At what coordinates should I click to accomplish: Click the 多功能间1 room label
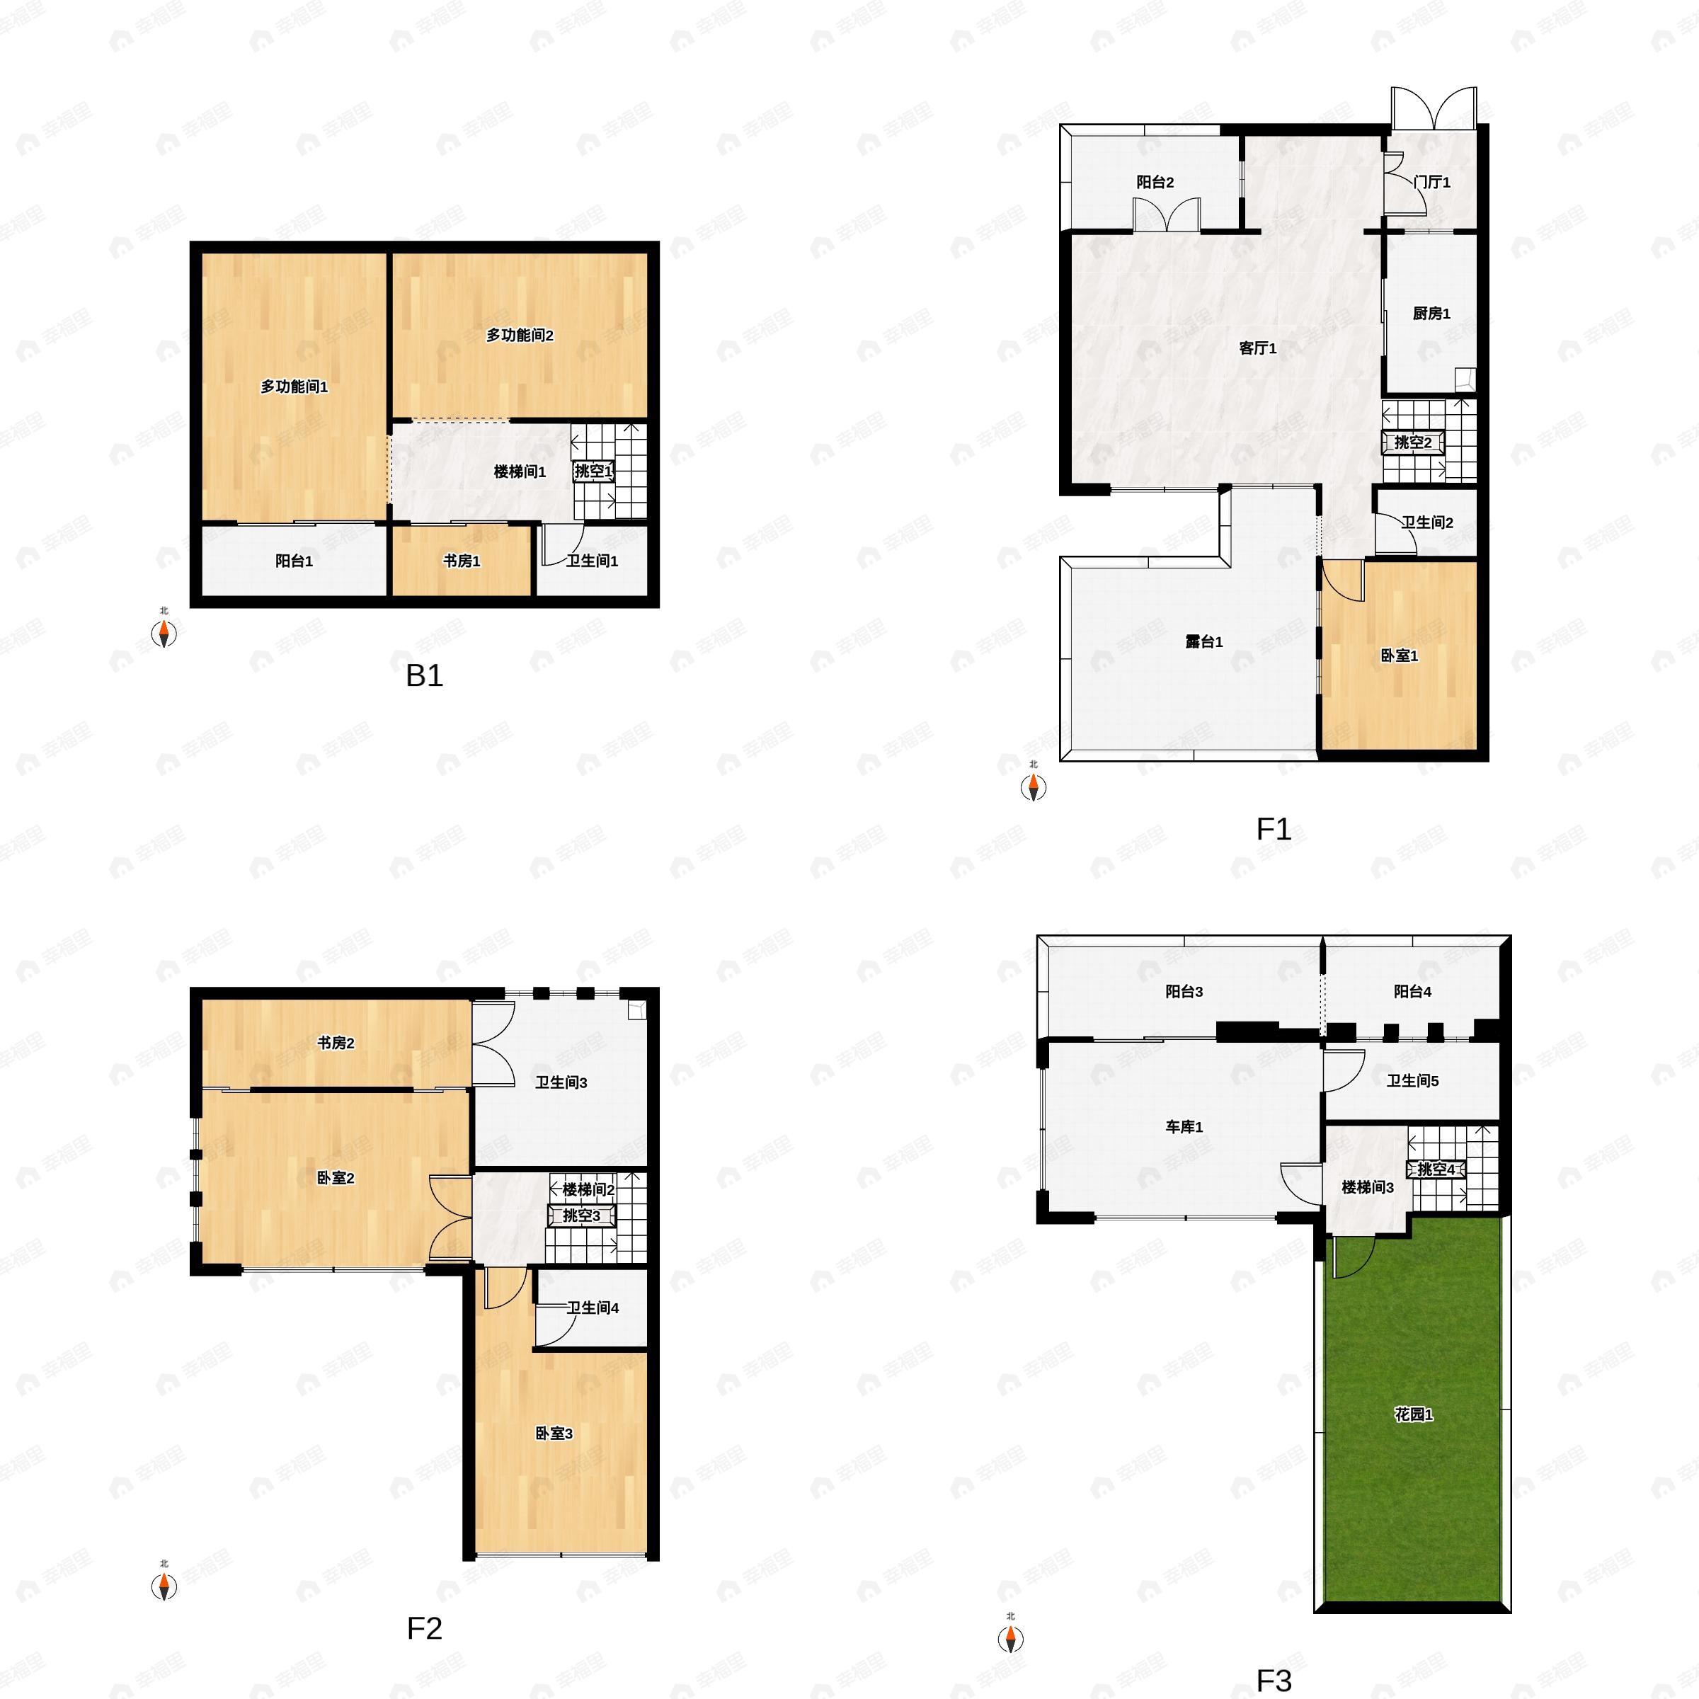[294, 387]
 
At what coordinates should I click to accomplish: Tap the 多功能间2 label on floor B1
[520, 335]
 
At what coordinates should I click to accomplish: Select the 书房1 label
[462, 561]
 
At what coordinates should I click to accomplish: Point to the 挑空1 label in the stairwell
[593, 471]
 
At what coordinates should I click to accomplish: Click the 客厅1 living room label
[1257, 348]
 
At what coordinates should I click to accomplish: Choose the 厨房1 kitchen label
[1431, 314]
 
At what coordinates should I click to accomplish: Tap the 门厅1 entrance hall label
[1431, 182]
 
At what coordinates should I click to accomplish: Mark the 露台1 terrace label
[1204, 642]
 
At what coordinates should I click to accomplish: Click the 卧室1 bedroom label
[1399, 656]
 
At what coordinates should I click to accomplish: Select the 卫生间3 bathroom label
[561, 1082]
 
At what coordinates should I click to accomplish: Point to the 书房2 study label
[336, 1043]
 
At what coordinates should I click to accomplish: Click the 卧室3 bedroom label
[554, 1434]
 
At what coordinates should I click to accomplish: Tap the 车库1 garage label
[1184, 1126]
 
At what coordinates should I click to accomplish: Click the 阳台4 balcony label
[1412, 992]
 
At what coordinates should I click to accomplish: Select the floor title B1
[424, 675]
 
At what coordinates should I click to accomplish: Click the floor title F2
[424, 1629]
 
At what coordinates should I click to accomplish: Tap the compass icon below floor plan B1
[164, 633]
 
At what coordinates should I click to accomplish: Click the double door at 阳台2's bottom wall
[1166, 215]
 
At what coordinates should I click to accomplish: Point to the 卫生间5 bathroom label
[1412, 1081]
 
